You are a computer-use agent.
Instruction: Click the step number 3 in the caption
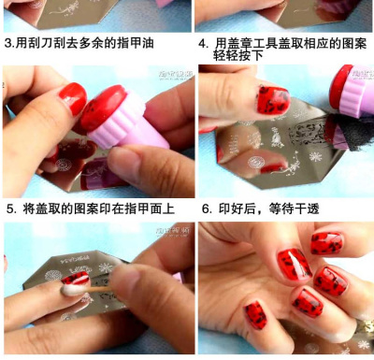pos(8,43)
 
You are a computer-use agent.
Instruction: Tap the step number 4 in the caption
pos(202,44)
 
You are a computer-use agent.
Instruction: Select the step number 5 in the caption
pos(10,209)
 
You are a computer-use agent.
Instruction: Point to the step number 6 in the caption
pos(206,209)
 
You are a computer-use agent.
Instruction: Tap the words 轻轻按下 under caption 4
pos(238,55)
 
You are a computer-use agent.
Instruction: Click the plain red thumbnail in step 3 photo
pos(73,98)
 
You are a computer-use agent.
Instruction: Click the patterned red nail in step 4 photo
pos(273,100)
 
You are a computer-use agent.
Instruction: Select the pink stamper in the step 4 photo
pos(353,91)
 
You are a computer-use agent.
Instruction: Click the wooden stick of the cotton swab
pos(96,290)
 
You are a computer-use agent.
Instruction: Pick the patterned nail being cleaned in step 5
pos(77,279)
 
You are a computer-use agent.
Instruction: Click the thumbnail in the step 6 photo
pos(255,315)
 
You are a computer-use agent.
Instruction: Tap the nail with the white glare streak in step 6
pos(295,264)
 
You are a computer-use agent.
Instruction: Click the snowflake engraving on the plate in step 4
pos(316,156)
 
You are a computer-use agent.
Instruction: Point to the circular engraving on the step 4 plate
pos(256,162)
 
